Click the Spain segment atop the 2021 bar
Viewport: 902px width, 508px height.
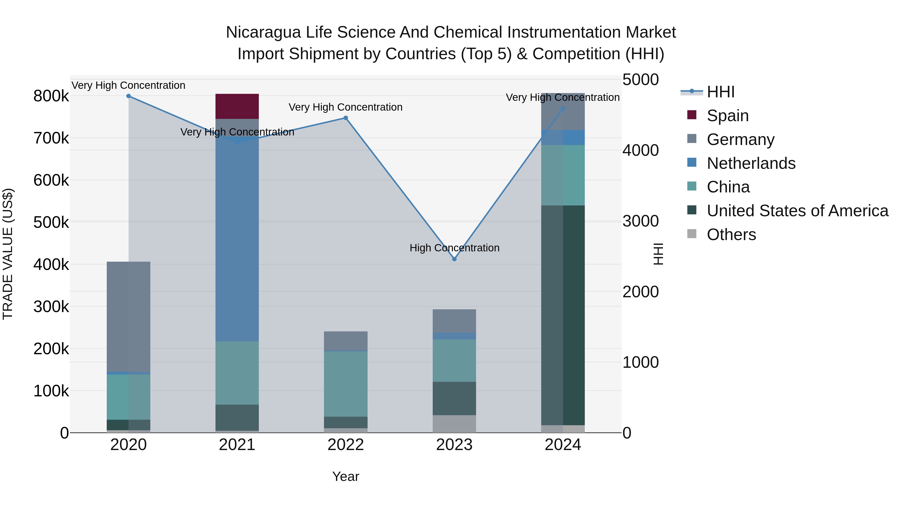(x=237, y=106)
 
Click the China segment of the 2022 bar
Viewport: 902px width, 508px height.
(x=346, y=384)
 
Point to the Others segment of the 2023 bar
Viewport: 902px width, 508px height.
(x=454, y=424)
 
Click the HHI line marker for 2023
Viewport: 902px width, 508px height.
(x=454, y=259)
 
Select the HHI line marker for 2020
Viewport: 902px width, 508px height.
(x=129, y=96)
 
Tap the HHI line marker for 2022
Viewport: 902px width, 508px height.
(x=346, y=118)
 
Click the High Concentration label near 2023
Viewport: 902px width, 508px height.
(x=454, y=248)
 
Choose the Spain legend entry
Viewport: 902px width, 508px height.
(x=727, y=116)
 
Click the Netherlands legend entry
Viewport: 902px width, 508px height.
(x=751, y=163)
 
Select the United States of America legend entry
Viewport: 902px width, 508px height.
(x=797, y=211)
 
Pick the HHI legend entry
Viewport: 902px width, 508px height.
(x=720, y=92)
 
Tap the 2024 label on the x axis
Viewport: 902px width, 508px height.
(x=563, y=445)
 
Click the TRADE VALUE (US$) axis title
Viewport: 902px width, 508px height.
(x=8, y=254)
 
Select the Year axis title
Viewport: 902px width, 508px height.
(x=346, y=476)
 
